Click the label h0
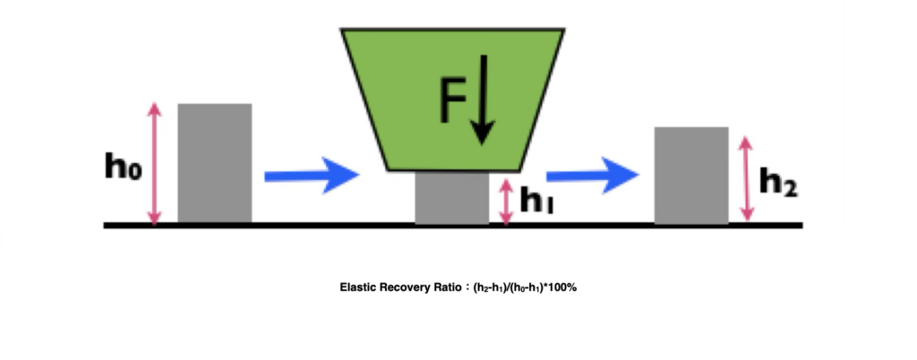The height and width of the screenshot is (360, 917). tap(123, 166)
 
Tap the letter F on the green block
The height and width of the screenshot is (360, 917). tap(453, 100)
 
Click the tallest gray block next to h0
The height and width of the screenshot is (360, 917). tap(215, 163)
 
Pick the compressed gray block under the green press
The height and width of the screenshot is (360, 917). tap(452, 197)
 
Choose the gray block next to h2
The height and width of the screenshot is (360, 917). tap(690, 175)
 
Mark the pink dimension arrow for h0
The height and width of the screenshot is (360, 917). tap(155, 163)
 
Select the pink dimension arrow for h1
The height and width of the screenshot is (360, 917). tap(507, 201)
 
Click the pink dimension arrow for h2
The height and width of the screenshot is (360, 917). tap(744, 177)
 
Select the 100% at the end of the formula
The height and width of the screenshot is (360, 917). tap(573, 287)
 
